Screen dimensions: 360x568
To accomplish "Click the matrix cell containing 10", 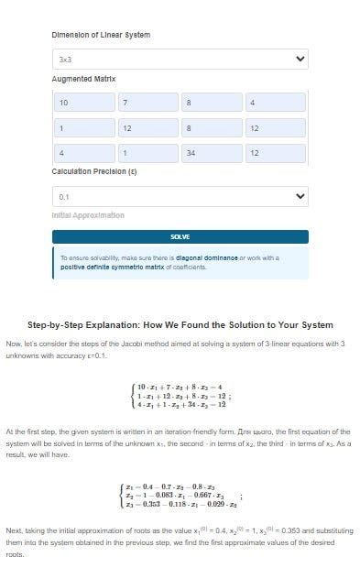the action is point(83,103).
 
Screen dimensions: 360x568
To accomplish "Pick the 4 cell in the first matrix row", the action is point(275,103).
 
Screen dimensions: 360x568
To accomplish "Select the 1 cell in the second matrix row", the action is point(83,127).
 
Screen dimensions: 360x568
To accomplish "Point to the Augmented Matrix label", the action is point(83,80).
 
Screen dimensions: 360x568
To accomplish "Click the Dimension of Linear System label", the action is point(101,35).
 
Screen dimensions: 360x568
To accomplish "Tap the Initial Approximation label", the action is point(88,215).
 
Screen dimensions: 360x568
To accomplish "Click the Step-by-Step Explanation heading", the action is point(180,325).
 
